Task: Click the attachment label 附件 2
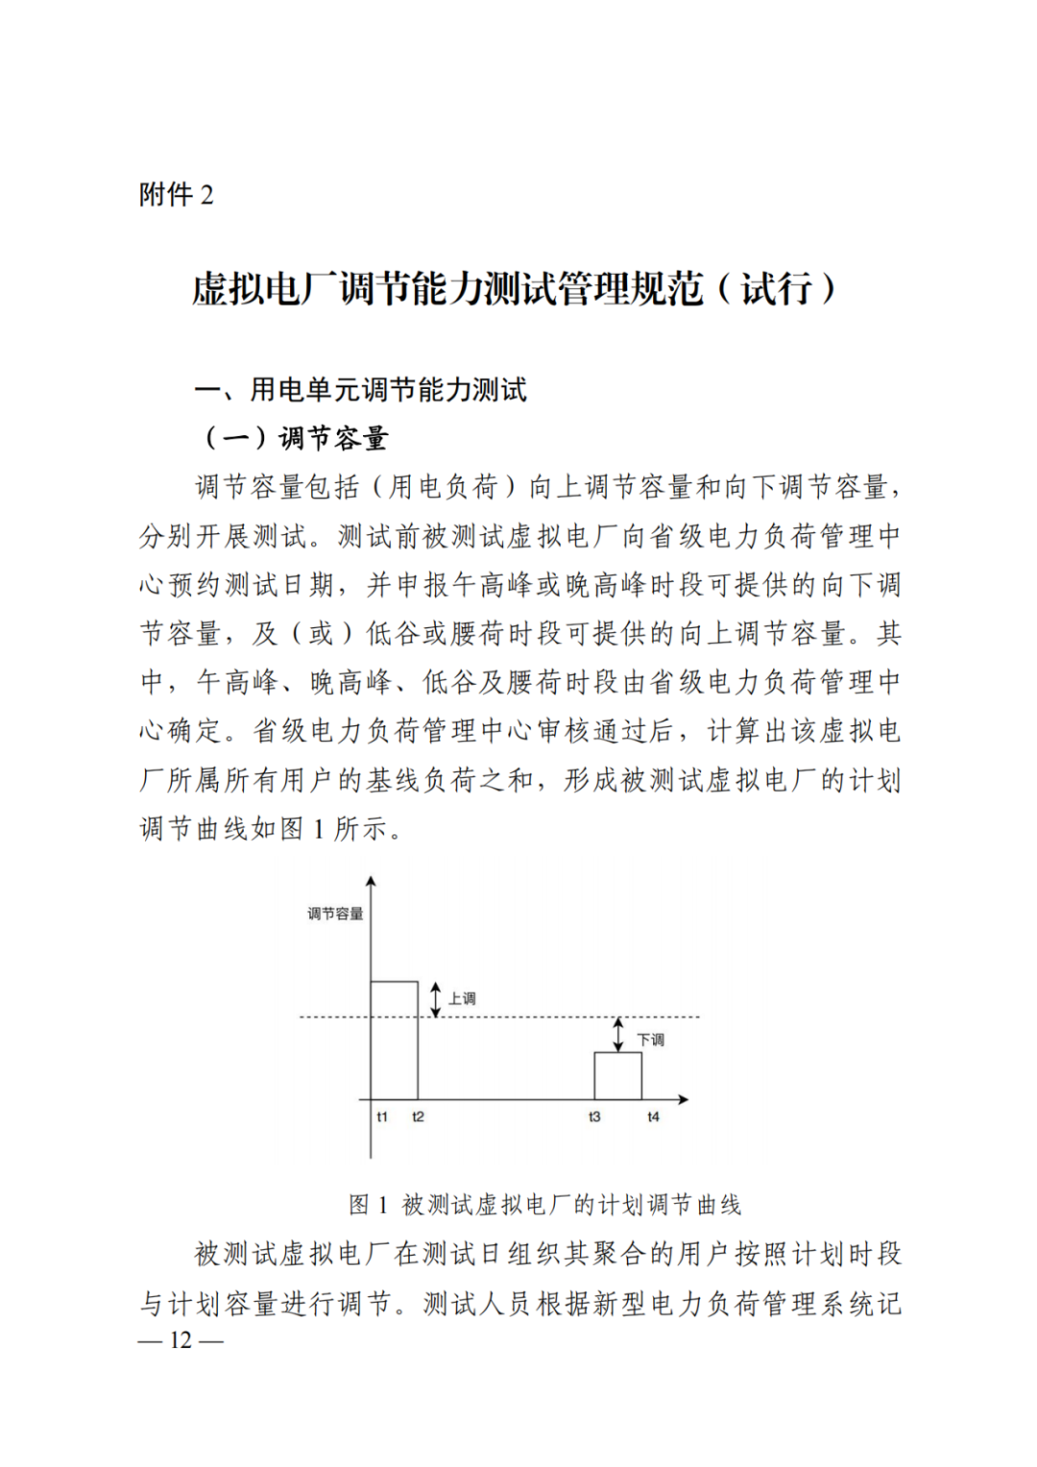177,195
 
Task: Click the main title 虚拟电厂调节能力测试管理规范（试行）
515,289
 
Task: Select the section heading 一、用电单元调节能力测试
361,390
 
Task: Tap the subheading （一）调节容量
294,439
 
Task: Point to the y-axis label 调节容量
335,914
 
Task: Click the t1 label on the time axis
382,1117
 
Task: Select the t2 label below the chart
418,1117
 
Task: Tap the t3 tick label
594,1117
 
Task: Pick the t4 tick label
653,1117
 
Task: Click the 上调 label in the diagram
462,999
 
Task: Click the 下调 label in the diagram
650,1040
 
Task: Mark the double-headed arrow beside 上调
436,999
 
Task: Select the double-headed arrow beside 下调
618,1035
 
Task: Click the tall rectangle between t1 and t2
395,1040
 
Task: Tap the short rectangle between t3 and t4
618,1076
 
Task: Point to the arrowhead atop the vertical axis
371,881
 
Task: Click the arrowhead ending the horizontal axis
684,1099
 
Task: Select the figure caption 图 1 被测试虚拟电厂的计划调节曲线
544,1205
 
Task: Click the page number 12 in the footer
181,1340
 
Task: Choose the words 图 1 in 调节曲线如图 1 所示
304,829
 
